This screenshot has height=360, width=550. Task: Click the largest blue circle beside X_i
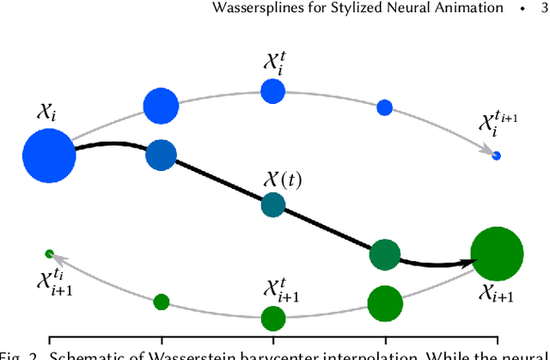(x=49, y=156)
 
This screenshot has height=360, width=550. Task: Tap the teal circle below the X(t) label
(x=272, y=204)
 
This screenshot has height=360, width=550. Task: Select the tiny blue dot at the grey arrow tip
(x=496, y=156)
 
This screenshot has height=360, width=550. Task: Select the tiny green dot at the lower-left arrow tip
(x=49, y=253)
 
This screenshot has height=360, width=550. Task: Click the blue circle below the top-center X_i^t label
(x=272, y=90)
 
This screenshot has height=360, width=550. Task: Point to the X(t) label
(x=283, y=180)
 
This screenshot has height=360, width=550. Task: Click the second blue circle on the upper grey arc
(x=161, y=107)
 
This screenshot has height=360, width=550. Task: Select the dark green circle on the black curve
(x=384, y=254)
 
